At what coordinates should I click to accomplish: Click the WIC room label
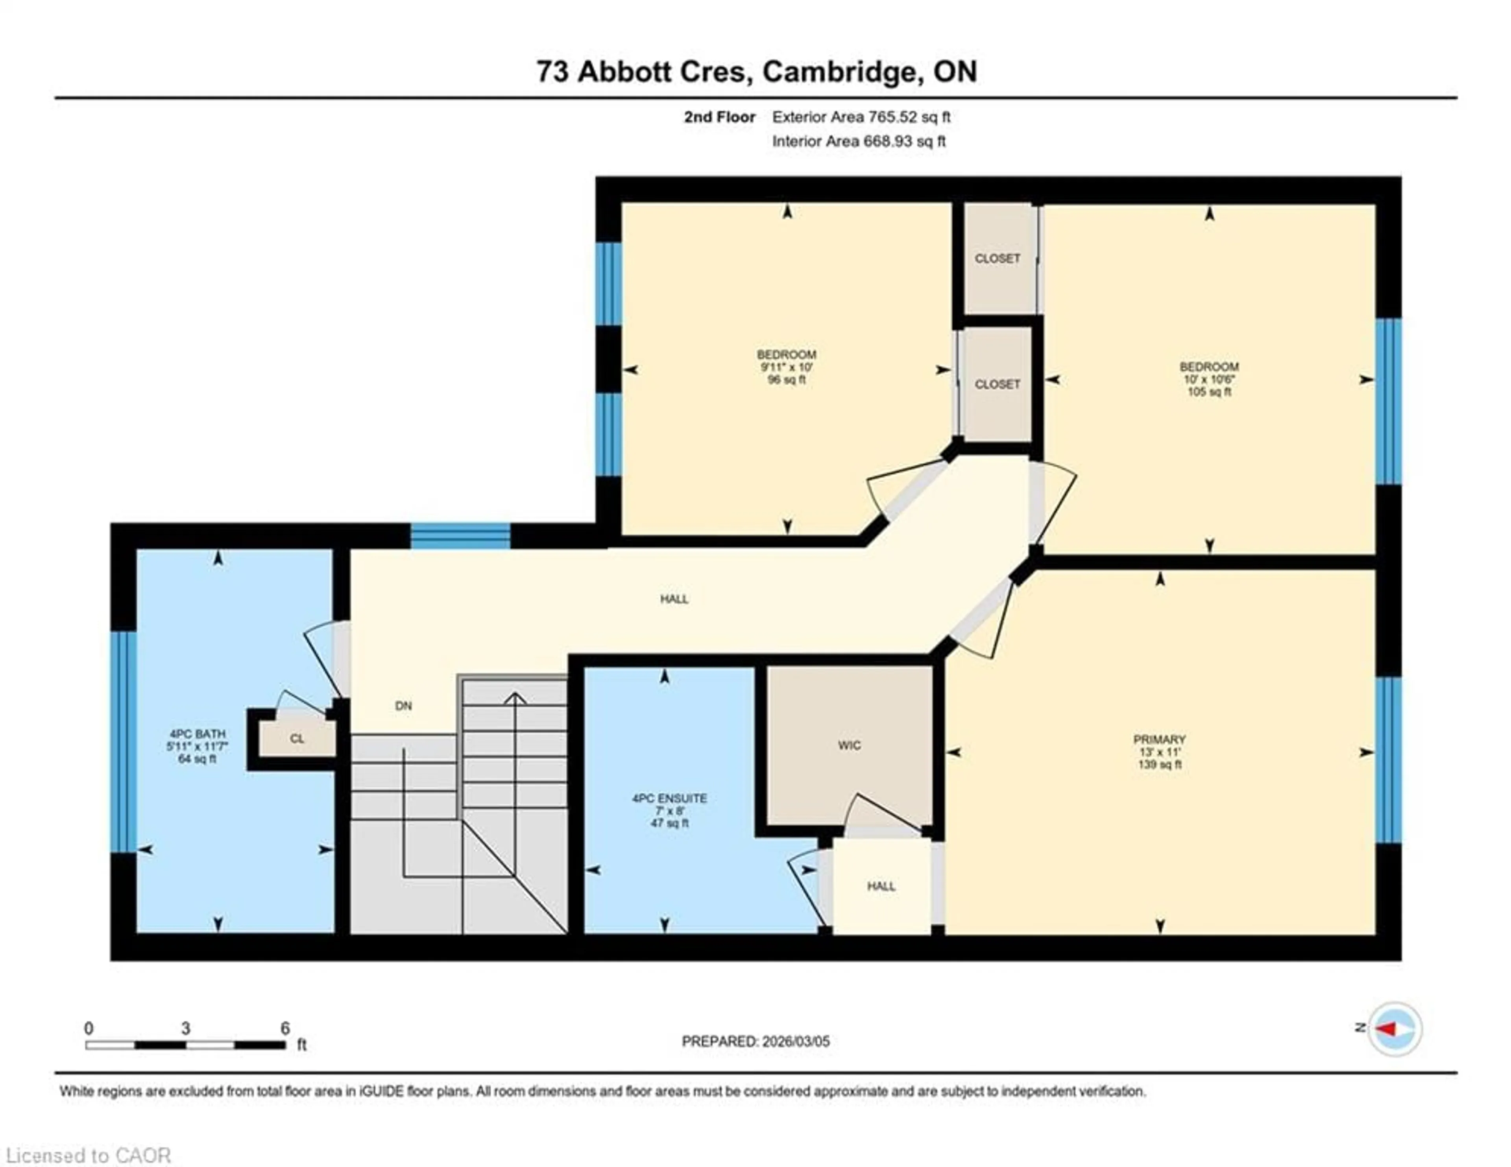(x=849, y=745)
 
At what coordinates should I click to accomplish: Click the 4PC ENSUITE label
(x=669, y=798)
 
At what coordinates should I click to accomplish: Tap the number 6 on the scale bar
(x=284, y=1028)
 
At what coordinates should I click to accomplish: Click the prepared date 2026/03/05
(x=794, y=1041)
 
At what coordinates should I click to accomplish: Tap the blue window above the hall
(x=460, y=536)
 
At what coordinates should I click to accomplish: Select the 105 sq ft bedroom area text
(x=1209, y=392)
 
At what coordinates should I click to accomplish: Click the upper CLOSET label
(x=997, y=258)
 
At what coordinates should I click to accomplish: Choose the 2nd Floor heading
(x=720, y=117)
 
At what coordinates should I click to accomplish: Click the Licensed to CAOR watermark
(x=88, y=1155)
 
